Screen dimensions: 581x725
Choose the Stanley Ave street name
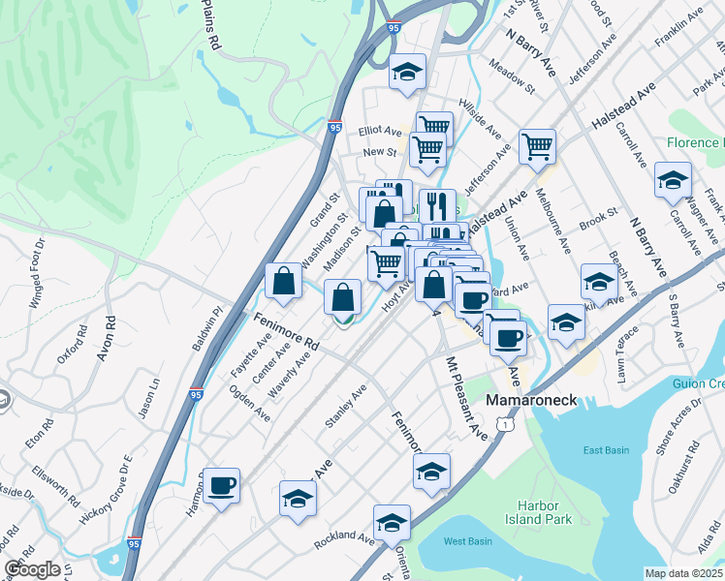coord(346,406)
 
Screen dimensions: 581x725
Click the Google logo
coord(32,568)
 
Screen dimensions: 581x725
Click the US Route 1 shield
coord(503,424)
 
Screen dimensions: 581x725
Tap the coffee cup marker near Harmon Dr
coord(222,484)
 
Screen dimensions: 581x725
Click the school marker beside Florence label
coord(672,180)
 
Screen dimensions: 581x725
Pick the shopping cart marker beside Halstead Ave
coord(537,147)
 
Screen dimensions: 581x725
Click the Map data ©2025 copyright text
coord(683,573)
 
